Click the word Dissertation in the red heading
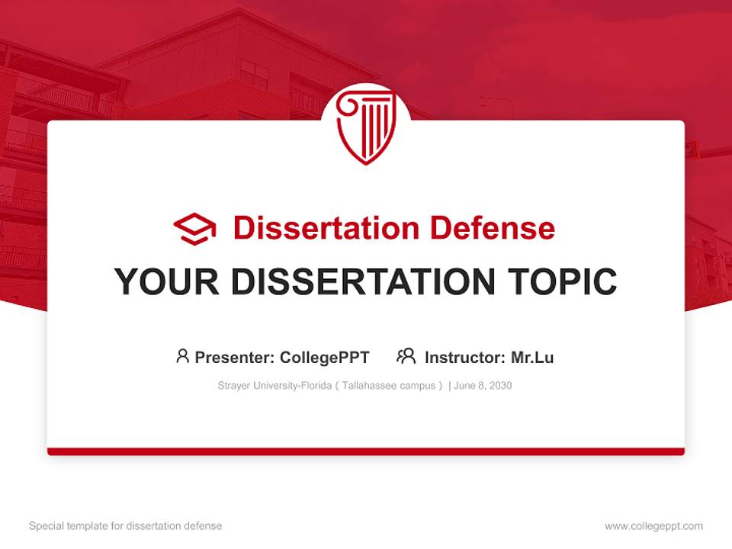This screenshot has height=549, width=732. tap(326, 228)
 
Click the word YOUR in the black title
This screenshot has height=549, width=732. tap(167, 282)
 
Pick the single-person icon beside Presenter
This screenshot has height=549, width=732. tap(182, 356)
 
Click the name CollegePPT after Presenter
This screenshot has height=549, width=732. tap(325, 358)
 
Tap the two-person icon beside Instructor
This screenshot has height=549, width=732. tap(406, 356)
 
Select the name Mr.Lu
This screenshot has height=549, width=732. tap(532, 358)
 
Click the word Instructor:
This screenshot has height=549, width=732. tap(464, 358)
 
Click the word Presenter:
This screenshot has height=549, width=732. tap(235, 358)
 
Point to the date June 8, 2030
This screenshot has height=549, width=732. tap(483, 386)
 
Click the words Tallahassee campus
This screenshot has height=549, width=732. tap(388, 386)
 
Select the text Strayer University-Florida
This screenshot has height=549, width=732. tap(274, 386)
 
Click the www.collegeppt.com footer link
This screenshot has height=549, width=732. tap(653, 526)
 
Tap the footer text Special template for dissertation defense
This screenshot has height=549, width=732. tap(126, 526)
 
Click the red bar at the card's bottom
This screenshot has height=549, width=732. tap(366, 451)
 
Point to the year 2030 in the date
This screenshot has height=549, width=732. tap(500, 386)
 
